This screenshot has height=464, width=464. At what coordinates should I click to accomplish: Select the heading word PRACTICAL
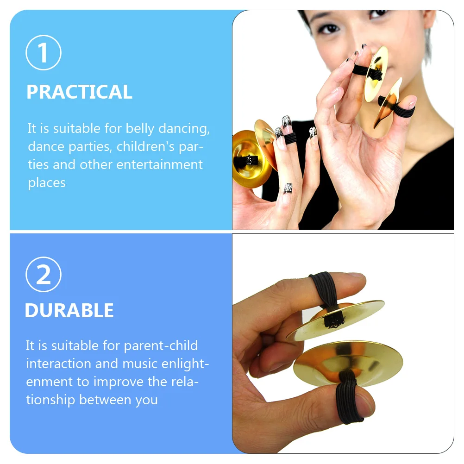pos(79,92)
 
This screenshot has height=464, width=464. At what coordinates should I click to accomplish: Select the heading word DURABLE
pos(69,310)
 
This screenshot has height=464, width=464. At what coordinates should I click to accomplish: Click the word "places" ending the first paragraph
pos(46,182)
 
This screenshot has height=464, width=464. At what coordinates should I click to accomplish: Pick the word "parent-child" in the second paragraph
pos(161,345)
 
